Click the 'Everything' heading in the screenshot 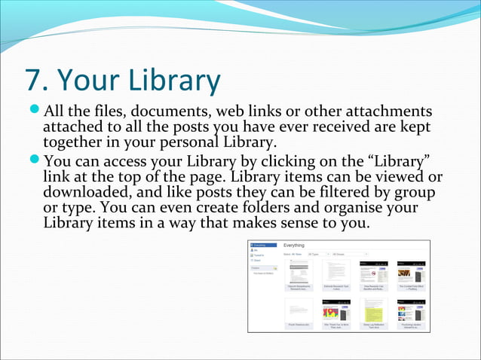(x=294, y=246)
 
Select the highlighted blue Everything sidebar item (x=259, y=246)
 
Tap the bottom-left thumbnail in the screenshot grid (x=299, y=312)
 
